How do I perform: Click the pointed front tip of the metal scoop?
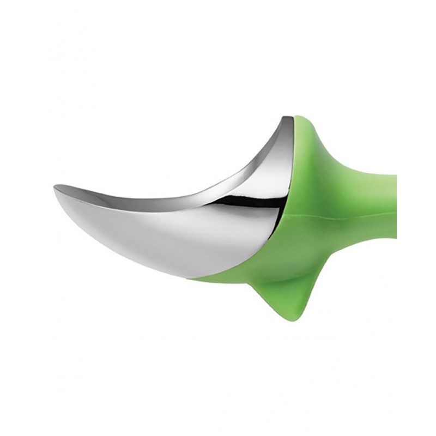click(55, 188)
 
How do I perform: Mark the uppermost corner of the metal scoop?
click(284, 117)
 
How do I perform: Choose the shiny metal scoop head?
click(191, 218)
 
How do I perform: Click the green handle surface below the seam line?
click(349, 240)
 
